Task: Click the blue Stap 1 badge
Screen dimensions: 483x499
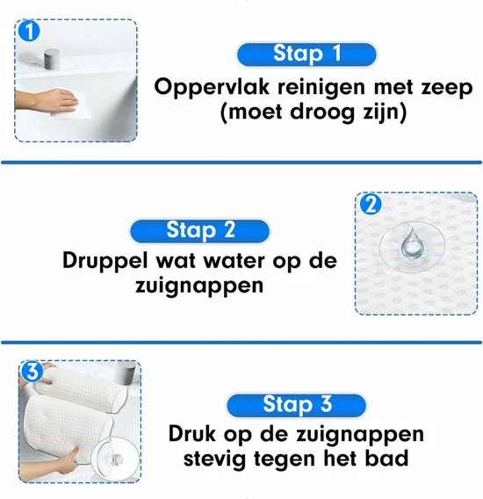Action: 306,54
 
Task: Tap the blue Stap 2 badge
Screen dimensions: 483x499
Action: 200,231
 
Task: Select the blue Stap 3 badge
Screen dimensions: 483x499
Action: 296,405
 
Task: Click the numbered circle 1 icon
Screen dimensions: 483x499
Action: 29,31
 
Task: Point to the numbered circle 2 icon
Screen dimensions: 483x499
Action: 371,205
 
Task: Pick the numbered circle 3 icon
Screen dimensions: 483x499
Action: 32,371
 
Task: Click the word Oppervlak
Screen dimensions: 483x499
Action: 212,88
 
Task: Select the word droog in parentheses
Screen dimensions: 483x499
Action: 322,113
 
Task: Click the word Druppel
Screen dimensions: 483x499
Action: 105,262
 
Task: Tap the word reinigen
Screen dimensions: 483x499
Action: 321,88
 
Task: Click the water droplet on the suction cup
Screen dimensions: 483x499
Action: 412,243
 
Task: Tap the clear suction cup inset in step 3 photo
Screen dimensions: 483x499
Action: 116,458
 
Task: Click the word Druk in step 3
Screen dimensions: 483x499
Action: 191,433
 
